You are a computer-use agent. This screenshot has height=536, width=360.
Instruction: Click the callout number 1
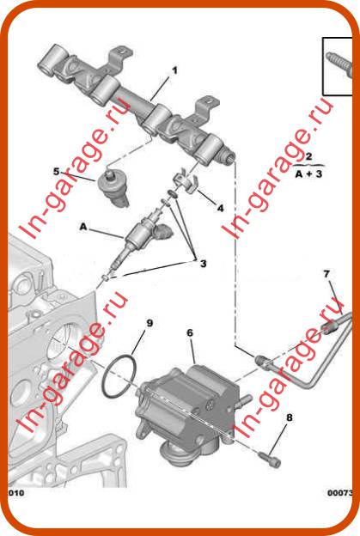click(x=174, y=70)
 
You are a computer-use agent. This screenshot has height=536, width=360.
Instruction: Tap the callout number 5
click(x=57, y=171)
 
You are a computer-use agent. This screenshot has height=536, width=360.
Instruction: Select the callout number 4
click(x=220, y=208)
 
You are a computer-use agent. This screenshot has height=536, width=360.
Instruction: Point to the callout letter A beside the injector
click(x=83, y=226)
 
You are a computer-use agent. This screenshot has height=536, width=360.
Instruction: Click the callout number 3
click(x=203, y=264)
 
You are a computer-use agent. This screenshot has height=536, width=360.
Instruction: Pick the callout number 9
click(x=149, y=323)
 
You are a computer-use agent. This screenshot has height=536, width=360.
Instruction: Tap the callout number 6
click(x=190, y=332)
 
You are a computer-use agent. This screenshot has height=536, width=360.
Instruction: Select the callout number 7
click(x=326, y=273)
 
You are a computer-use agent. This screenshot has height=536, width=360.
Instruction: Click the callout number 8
click(x=290, y=417)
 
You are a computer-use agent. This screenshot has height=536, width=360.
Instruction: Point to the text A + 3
click(x=308, y=174)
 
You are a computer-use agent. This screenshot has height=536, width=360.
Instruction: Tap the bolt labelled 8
click(x=270, y=459)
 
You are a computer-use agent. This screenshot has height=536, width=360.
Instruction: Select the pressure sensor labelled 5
click(x=113, y=187)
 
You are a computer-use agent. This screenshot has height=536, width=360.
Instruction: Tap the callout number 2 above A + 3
click(x=308, y=156)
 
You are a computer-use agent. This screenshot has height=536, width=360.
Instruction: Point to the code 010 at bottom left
click(x=15, y=492)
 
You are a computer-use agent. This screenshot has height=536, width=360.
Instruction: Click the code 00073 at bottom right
click(x=340, y=492)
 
